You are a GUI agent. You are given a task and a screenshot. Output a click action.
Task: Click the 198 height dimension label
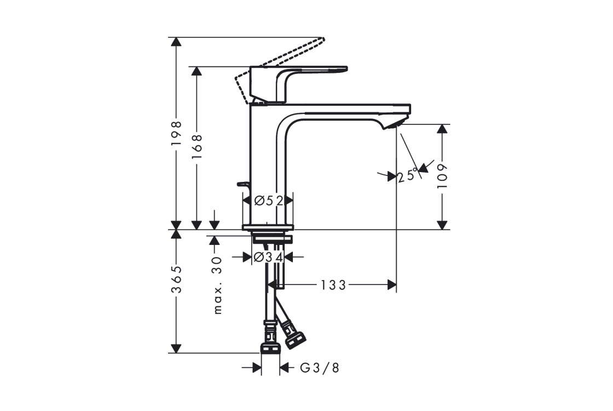click(177, 134)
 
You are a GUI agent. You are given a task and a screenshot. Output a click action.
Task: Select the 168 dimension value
click(196, 146)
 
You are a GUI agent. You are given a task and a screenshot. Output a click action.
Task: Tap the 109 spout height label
click(442, 176)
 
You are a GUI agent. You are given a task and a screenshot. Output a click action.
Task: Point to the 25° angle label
click(407, 175)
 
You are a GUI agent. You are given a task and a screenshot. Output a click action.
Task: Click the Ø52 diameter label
click(268, 201)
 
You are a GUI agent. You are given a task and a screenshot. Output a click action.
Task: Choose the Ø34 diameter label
click(268, 257)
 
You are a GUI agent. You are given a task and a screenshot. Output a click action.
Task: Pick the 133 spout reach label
click(333, 285)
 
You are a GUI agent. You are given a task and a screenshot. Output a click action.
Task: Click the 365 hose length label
click(177, 279)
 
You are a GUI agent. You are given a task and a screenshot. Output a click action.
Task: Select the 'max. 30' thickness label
click(218, 286)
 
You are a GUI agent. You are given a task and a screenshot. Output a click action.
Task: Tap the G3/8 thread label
click(320, 368)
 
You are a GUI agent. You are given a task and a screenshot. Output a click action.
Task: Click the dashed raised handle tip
click(322, 39)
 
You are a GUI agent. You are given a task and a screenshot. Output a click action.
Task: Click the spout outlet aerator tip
click(395, 124)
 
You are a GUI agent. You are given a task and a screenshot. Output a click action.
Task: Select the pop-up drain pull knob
click(242, 184)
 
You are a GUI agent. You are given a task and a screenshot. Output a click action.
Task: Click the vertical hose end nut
click(270, 348)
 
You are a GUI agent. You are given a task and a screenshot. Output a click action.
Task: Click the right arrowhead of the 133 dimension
click(392, 285)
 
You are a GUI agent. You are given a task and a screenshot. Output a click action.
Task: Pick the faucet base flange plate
click(268, 227)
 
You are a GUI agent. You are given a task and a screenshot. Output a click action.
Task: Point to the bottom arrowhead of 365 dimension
click(177, 348)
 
